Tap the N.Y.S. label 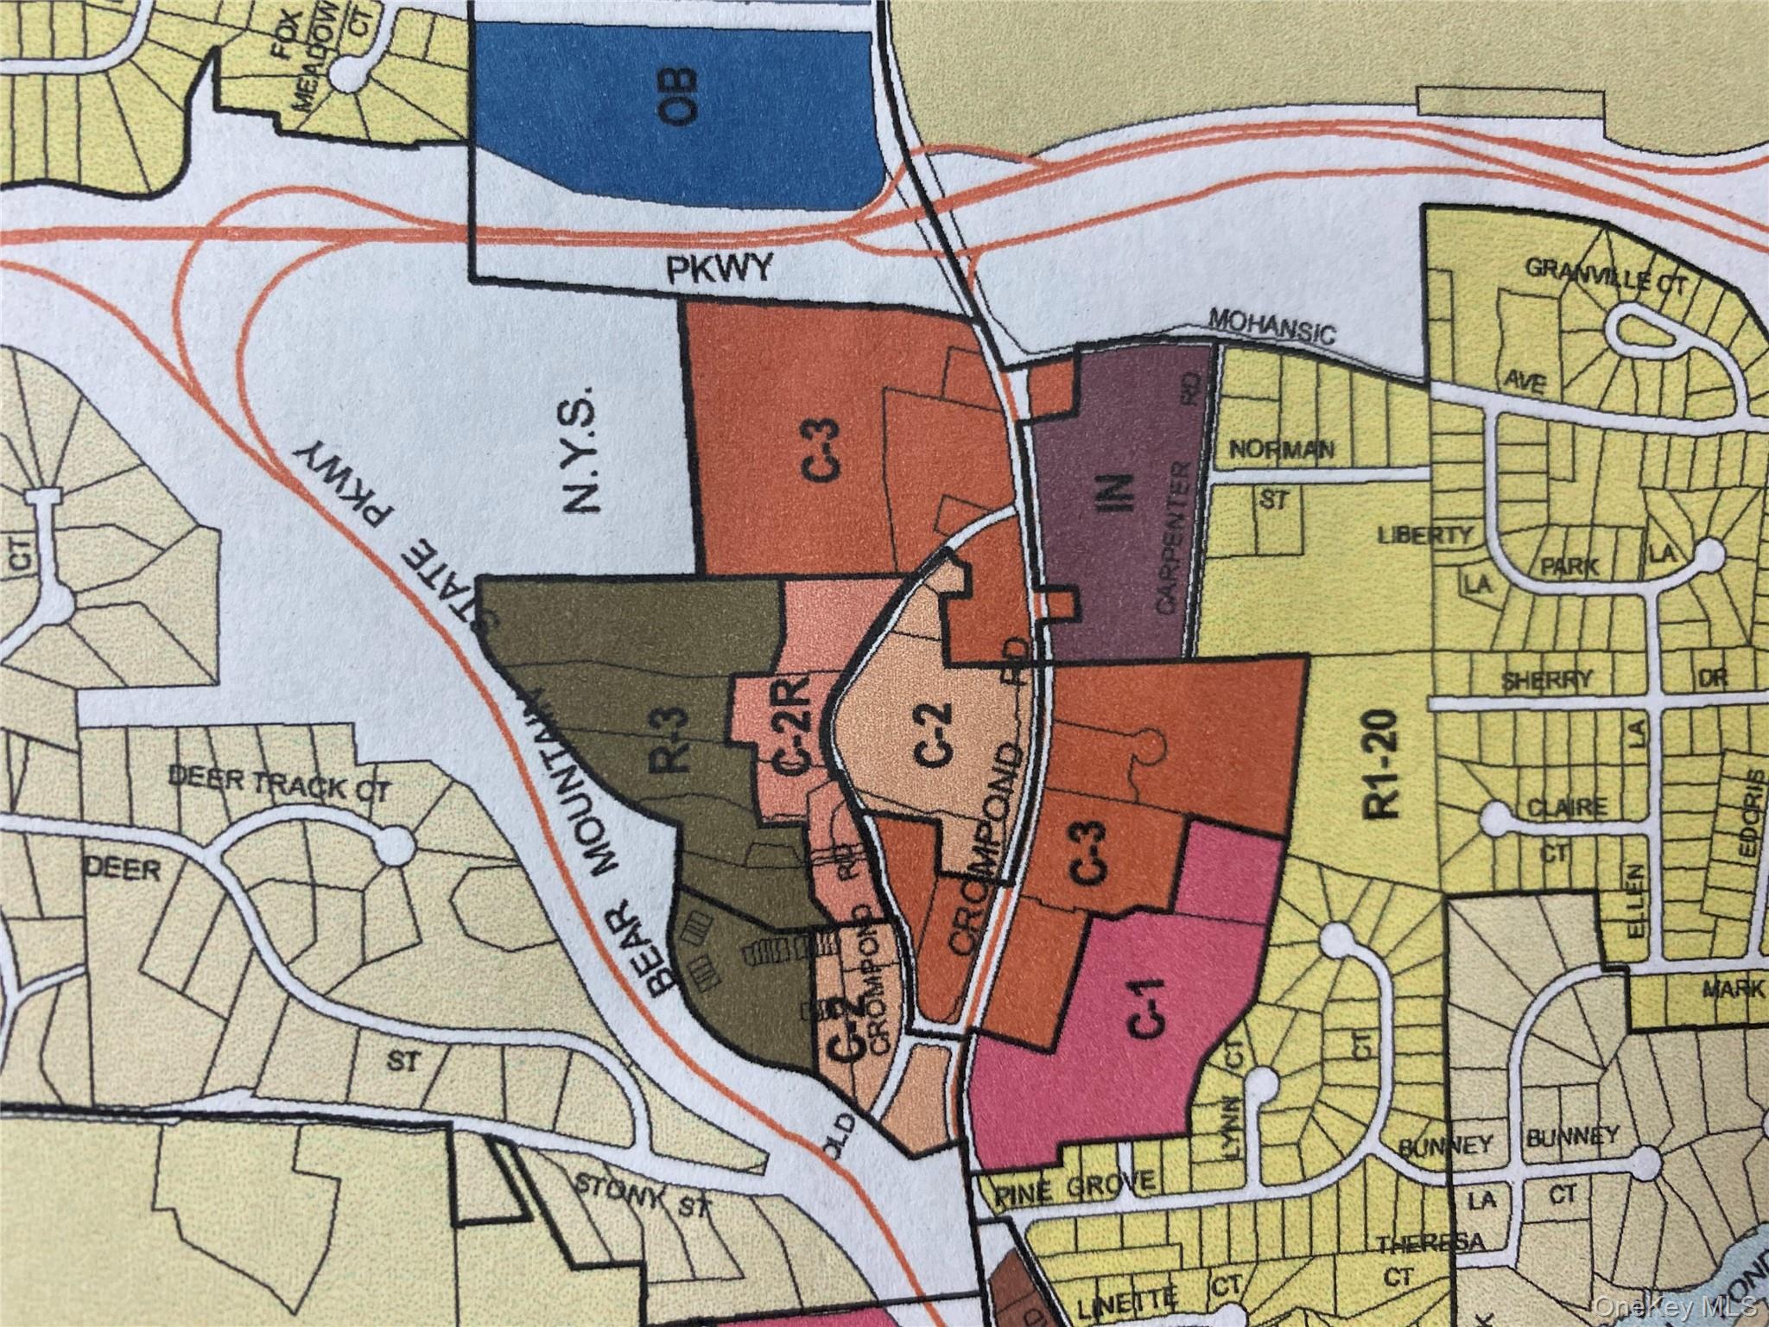point(580,449)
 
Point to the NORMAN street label point(1282,449)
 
